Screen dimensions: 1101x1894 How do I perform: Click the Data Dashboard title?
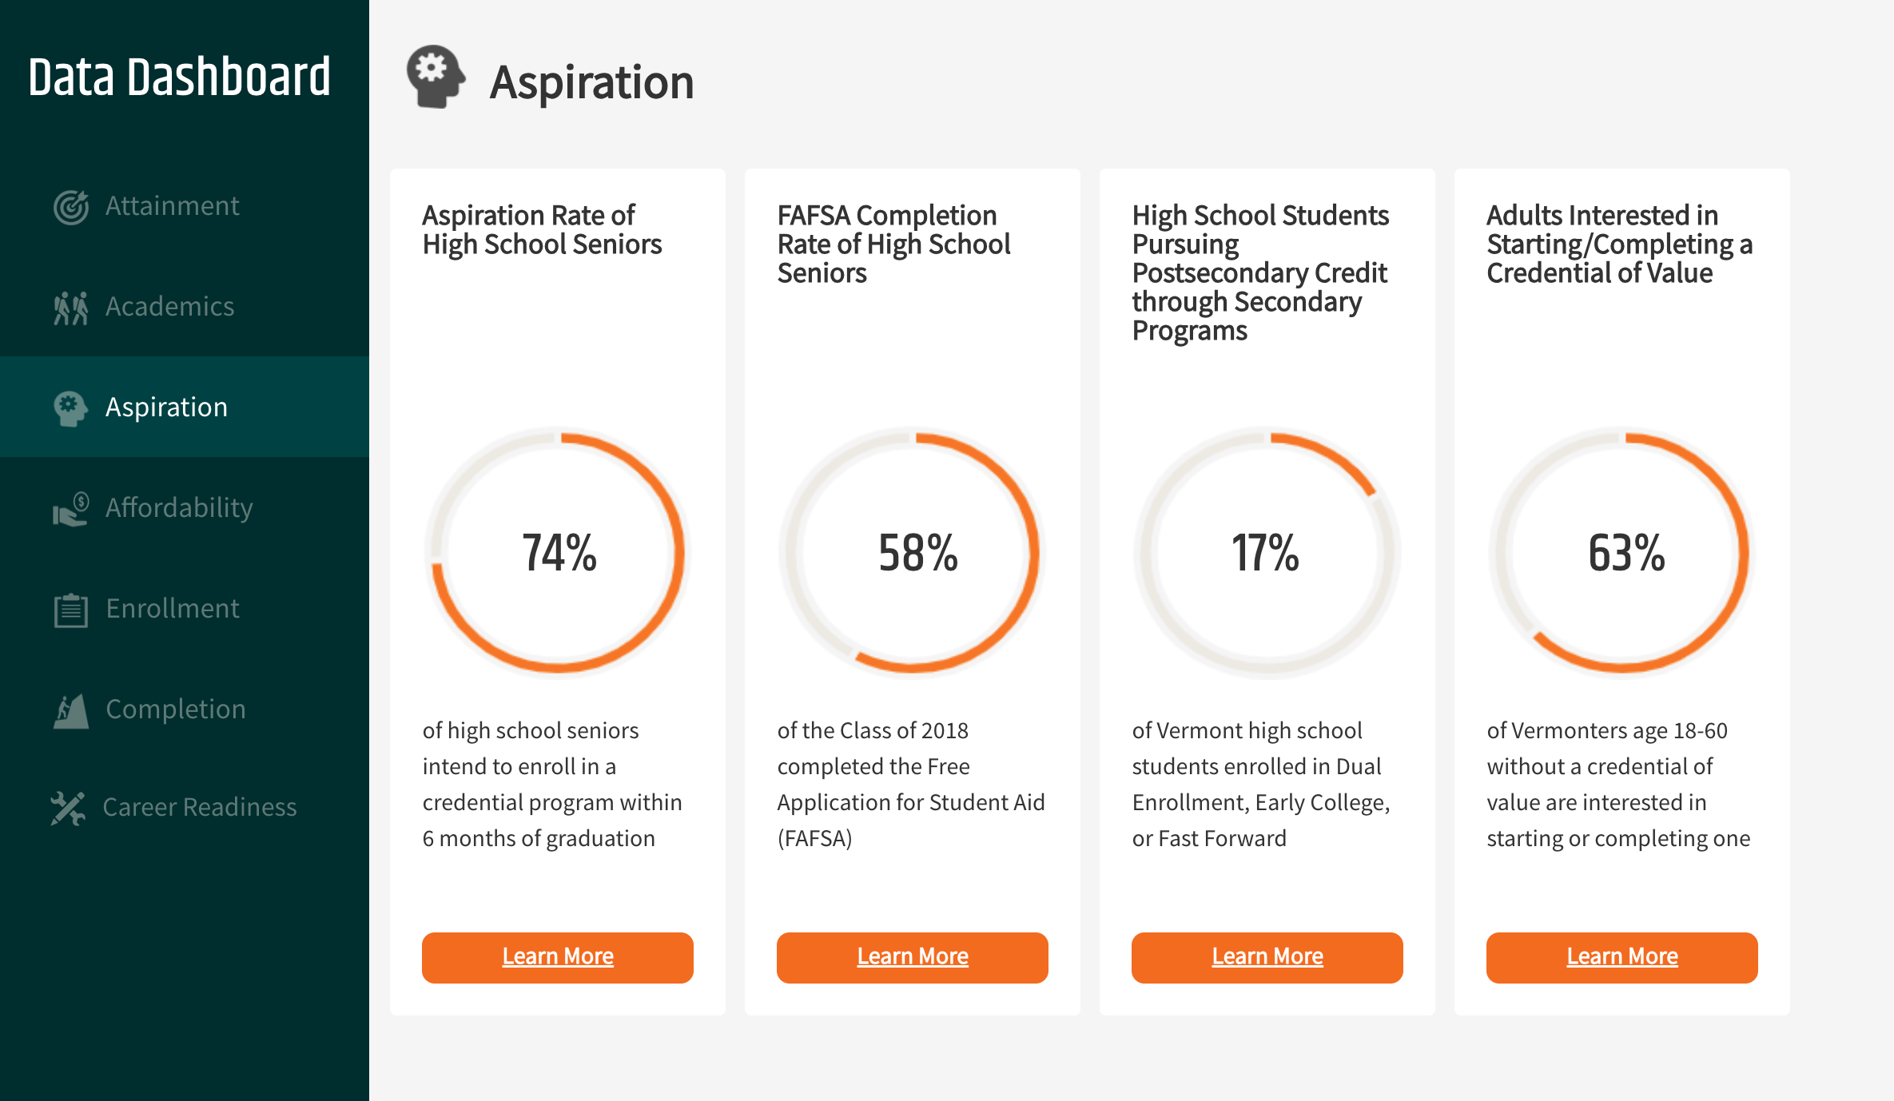pyautogui.click(x=180, y=78)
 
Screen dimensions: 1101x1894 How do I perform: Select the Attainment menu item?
pyautogui.click(x=172, y=206)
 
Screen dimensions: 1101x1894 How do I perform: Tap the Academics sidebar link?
pyautogui.click(x=169, y=307)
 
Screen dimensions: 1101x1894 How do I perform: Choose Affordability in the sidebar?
pyautogui.click(x=179, y=508)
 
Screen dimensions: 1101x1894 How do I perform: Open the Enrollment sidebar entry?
pyautogui.click(x=172, y=609)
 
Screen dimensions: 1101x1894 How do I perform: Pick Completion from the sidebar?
pyautogui.click(x=175, y=709)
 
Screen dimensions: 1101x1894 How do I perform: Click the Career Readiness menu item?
pyautogui.click(x=199, y=807)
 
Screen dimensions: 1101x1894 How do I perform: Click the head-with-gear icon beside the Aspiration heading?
pyautogui.click(x=436, y=77)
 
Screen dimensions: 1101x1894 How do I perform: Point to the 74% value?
pyautogui.click(x=559, y=553)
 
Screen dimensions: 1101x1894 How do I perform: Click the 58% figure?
pyautogui.click(x=917, y=553)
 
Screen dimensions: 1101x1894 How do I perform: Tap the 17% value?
pyautogui.click(x=1265, y=553)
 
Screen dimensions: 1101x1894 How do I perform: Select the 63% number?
pyautogui.click(x=1626, y=553)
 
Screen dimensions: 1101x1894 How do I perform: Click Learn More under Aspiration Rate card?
pyautogui.click(x=558, y=957)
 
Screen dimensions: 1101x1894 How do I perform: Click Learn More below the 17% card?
pyautogui.click(x=1267, y=957)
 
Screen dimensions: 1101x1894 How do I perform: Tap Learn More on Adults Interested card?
pyautogui.click(x=1622, y=957)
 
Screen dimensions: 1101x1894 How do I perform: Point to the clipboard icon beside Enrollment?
pyautogui.click(x=71, y=610)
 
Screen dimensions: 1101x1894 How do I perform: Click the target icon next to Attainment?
pyautogui.click(x=71, y=208)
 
